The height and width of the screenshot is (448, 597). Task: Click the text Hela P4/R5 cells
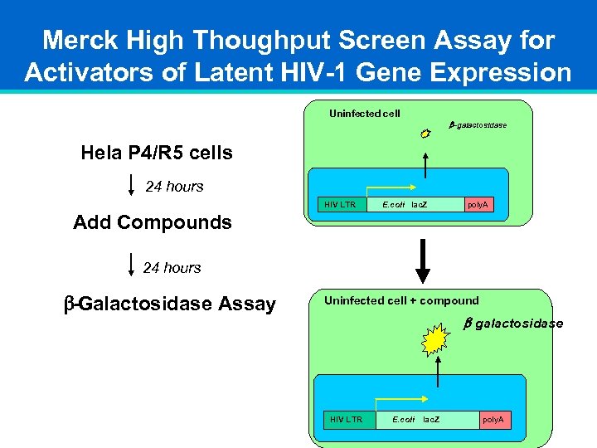pyautogui.click(x=157, y=153)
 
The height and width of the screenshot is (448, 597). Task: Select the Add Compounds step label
pyautogui.click(x=153, y=222)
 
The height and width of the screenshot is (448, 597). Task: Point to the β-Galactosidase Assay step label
pyautogui.click(x=170, y=304)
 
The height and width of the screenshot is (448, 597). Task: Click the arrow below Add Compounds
pyautogui.click(x=133, y=266)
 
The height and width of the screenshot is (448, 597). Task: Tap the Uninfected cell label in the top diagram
pyautogui.click(x=364, y=113)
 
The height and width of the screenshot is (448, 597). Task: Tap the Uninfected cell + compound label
pyautogui.click(x=401, y=300)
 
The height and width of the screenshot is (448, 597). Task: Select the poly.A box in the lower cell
pyautogui.click(x=493, y=420)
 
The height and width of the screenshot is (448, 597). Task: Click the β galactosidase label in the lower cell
pyautogui.click(x=512, y=324)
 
